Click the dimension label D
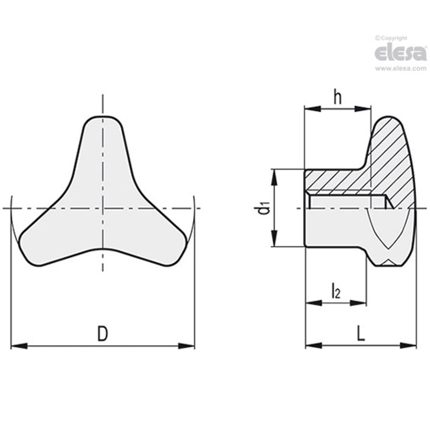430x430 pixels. (x=102, y=334)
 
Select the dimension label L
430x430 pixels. (x=361, y=334)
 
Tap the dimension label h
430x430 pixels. (x=338, y=98)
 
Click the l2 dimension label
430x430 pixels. (x=335, y=292)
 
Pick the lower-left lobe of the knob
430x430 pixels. (x=39, y=244)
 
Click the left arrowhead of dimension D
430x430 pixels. (x=19, y=346)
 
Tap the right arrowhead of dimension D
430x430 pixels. (x=186, y=346)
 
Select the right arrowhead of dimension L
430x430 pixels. (x=408, y=345)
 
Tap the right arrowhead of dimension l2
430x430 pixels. (x=358, y=302)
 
